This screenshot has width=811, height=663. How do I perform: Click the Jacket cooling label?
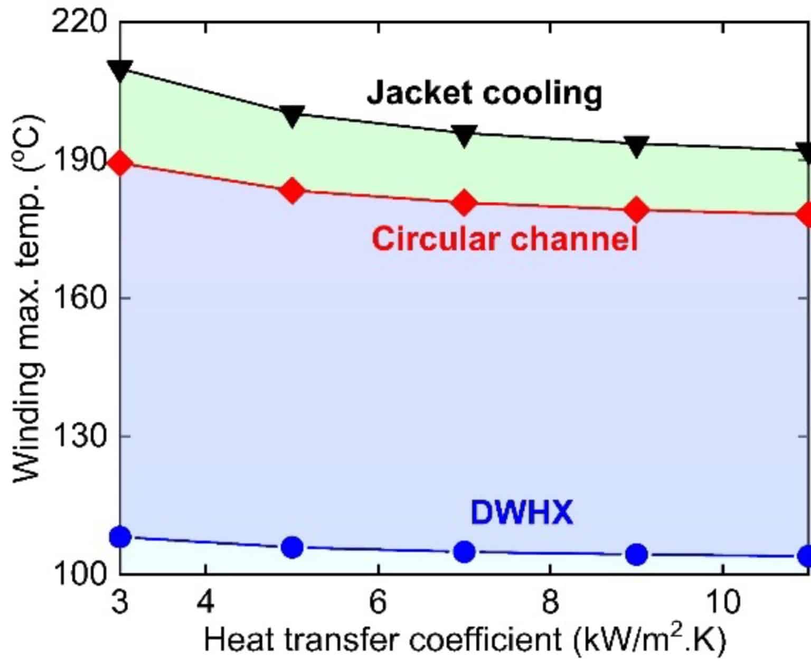tap(484, 93)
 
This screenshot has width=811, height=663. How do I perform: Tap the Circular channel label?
tap(505, 238)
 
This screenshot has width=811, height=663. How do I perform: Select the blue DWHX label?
tap(521, 512)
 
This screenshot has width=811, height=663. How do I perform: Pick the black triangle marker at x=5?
tap(292, 116)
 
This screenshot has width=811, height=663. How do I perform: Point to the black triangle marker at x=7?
tap(464, 135)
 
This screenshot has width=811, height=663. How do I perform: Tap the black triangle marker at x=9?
tap(636, 146)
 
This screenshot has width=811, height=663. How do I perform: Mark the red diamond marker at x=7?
tap(464, 203)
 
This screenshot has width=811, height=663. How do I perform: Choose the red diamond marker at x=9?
tap(636, 210)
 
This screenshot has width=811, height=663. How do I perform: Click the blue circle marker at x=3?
tap(120, 537)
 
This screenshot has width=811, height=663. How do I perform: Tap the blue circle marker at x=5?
tap(292, 547)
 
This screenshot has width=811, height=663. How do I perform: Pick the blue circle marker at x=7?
tap(464, 552)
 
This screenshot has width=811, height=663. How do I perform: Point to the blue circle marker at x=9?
tap(636, 554)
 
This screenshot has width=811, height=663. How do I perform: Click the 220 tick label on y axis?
tap(79, 23)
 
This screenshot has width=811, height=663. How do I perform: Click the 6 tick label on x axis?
tap(378, 602)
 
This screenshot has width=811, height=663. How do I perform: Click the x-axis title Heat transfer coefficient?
tap(465, 640)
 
